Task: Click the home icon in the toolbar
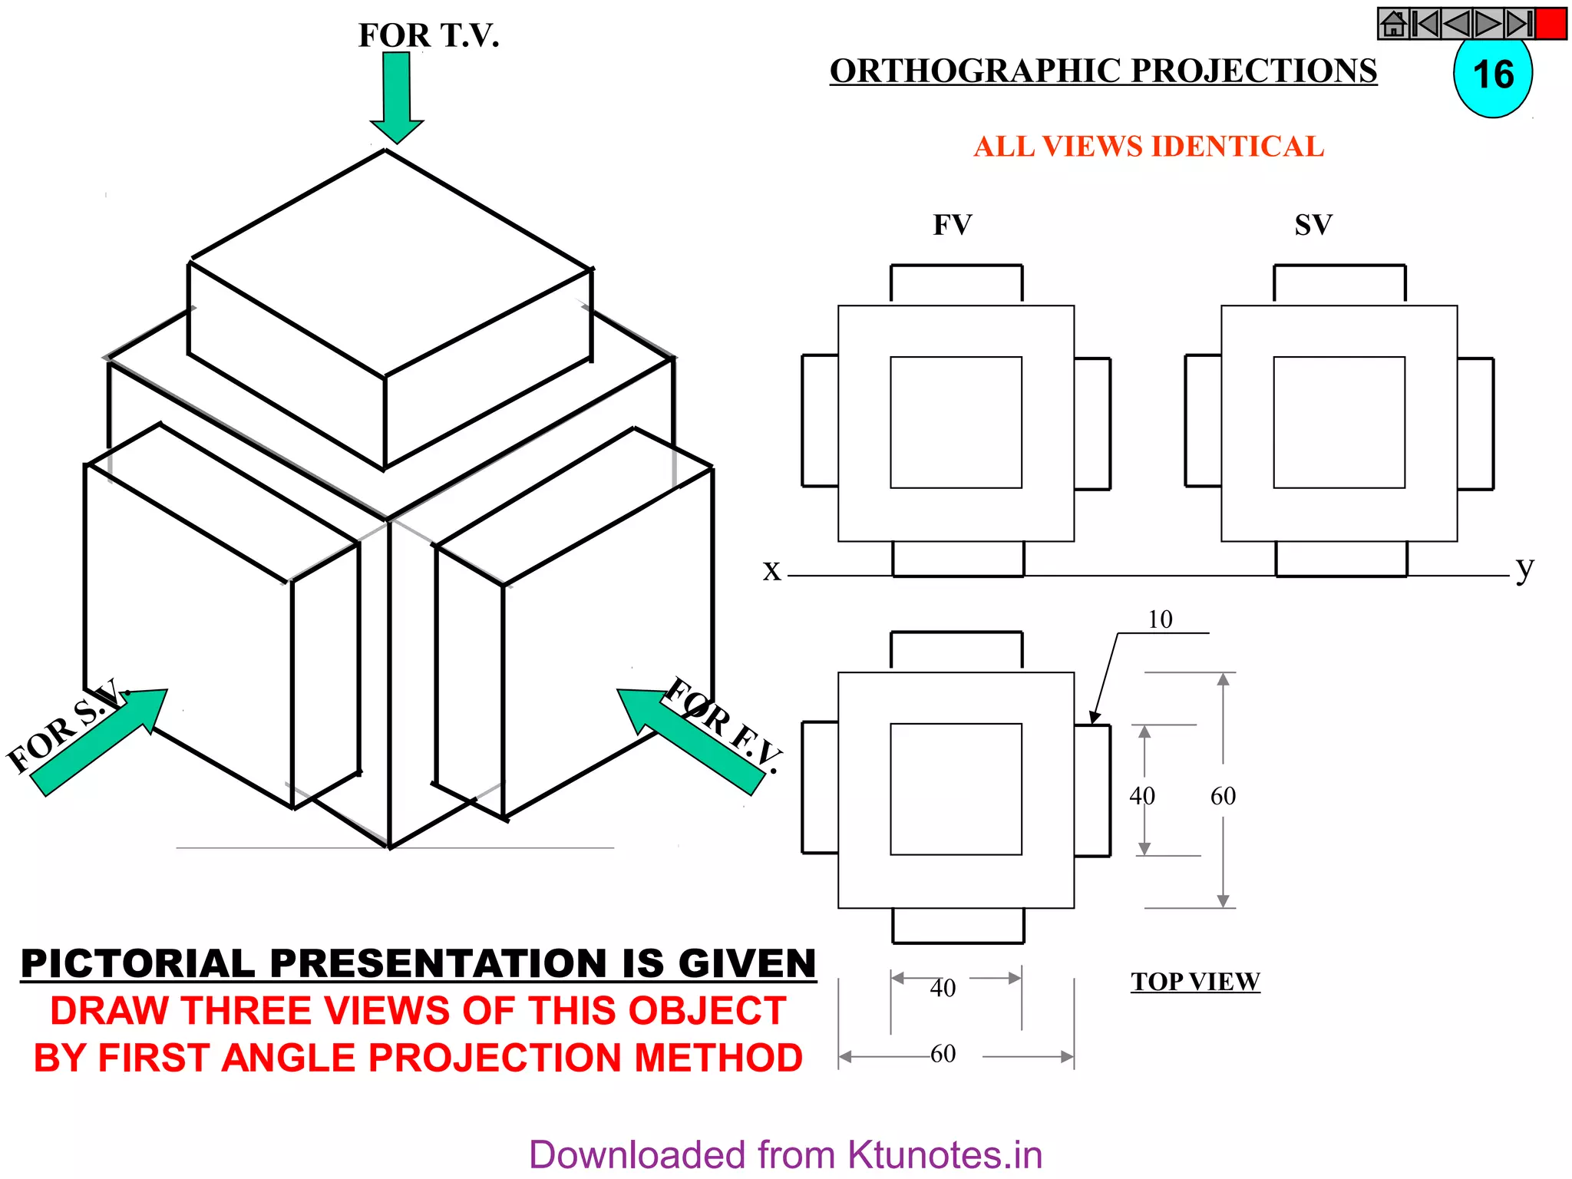coord(1393,24)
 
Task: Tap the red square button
coord(1551,24)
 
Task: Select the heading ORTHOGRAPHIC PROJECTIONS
coord(1103,71)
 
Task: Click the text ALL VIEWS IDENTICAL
coord(1148,147)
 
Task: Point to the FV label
coord(952,225)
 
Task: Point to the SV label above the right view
coord(1313,225)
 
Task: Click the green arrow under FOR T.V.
coord(397,96)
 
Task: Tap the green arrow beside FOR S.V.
coord(100,741)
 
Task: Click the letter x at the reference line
coord(771,570)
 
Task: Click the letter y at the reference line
coord(1524,569)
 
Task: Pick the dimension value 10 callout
coord(1160,619)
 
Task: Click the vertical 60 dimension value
coord(1223,796)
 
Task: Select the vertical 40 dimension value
coord(1141,796)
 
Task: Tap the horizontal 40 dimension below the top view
coord(943,988)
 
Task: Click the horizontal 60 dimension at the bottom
coord(943,1054)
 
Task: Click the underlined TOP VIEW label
coord(1194,982)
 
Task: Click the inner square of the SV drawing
coord(1339,422)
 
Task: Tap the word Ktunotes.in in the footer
coord(944,1155)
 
